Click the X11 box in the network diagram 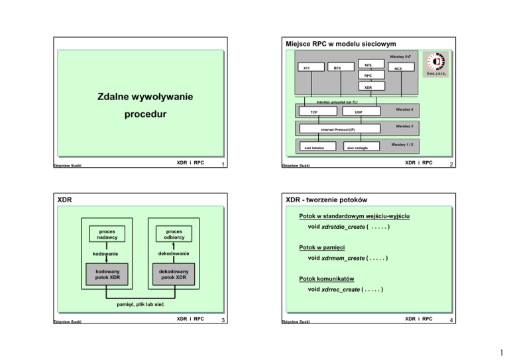coord(306,68)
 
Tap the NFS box coord(368,65)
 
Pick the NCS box coord(398,68)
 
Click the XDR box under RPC coord(368,87)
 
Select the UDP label coord(358,113)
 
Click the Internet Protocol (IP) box coord(332,129)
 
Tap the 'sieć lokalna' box coord(313,147)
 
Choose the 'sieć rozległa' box coord(359,147)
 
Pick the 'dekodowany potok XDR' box coord(174,274)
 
